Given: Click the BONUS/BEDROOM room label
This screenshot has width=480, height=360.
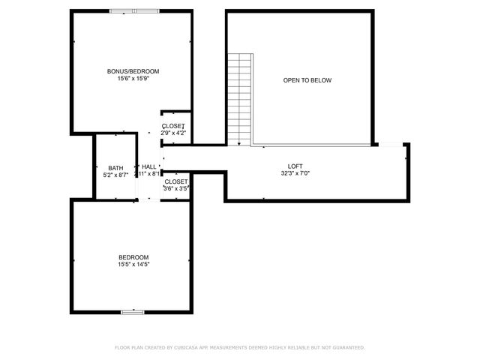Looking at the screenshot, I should (133, 71).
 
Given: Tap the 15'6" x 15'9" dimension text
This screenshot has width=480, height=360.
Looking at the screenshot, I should (133, 79).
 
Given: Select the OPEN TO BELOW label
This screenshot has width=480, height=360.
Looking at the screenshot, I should (307, 80).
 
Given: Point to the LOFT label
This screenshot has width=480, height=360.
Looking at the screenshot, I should (295, 166).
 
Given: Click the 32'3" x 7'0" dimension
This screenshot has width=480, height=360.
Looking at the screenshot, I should (295, 173).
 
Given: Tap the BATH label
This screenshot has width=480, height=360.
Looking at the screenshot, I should (115, 168).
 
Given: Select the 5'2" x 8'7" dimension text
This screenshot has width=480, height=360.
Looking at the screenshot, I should (115, 175).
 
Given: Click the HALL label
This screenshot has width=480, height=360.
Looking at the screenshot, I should (148, 166).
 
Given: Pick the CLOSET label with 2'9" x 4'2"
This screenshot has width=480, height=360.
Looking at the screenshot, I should (173, 125).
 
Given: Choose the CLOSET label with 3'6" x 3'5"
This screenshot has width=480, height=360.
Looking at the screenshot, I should (175, 181).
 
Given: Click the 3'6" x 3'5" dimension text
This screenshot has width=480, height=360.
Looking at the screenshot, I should (175, 189).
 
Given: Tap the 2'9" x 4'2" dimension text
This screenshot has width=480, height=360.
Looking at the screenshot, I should (173, 133).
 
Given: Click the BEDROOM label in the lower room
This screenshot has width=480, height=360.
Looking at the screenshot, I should (133, 256).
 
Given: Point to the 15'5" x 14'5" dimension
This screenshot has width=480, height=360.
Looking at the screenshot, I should (133, 264).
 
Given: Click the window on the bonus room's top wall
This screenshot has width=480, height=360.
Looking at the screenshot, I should (134, 11).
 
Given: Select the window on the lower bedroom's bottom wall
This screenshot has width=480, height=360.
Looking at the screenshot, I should (133, 311).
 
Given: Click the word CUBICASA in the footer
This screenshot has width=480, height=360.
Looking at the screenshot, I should (190, 347).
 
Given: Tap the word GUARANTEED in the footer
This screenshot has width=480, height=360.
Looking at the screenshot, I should (346, 347).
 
